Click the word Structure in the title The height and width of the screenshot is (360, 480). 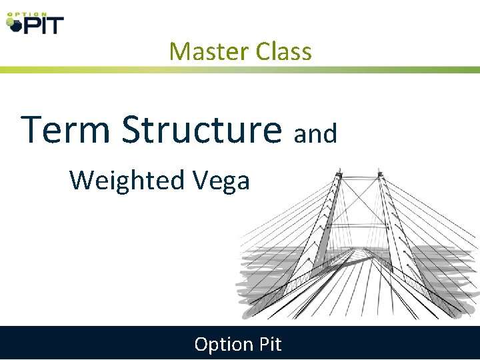(202, 129)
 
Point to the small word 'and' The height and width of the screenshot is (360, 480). (315, 134)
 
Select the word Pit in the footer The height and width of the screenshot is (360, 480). (268, 344)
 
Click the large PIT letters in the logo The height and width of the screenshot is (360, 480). (42, 25)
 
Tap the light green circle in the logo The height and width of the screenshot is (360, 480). (9, 21)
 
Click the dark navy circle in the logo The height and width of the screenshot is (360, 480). (15, 27)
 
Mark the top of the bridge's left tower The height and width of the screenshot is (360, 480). (337, 173)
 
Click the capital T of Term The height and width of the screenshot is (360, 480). (33, 129)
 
